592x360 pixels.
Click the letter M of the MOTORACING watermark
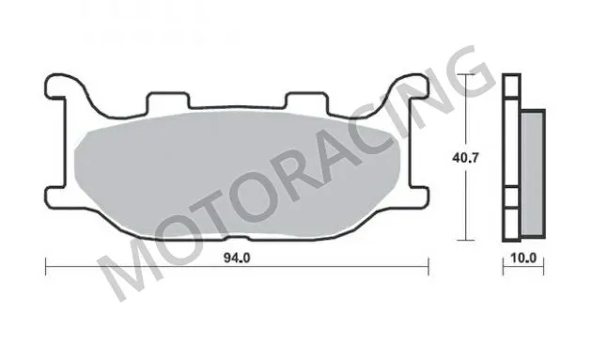click(127, 273)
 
